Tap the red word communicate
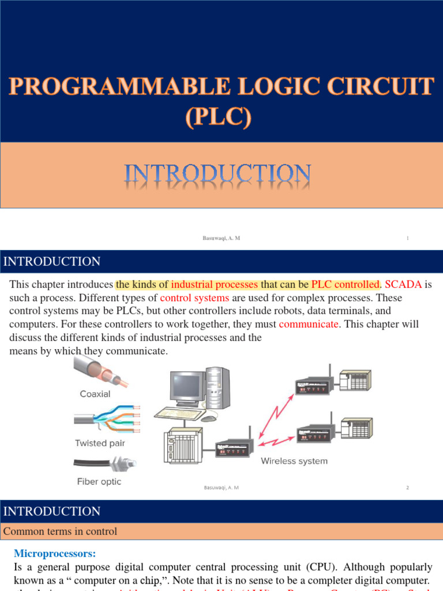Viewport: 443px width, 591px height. tap(309, 324)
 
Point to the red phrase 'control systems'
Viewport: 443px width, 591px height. tap(194, 298)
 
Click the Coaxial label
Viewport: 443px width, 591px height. tap(96, 394)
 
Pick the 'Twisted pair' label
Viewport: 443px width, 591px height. tap(99, 443)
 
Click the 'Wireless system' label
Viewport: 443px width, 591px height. tap(294, 461)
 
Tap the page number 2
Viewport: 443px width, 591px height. tap(407, 488)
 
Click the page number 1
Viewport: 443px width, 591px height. tap(407, 238)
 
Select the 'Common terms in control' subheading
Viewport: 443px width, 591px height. tap(60, 532)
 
